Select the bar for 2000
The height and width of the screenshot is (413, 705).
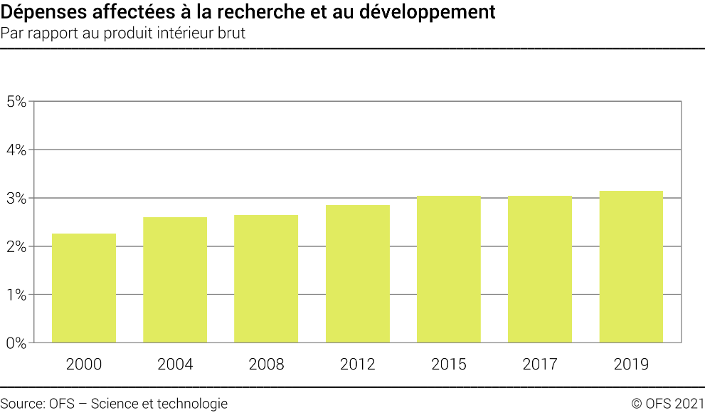point(84,288)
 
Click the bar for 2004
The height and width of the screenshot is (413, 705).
point(175,280)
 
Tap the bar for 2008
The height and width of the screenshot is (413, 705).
point(266,279)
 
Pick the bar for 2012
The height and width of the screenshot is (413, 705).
point(357,274)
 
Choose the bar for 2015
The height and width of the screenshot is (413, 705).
point(449,269)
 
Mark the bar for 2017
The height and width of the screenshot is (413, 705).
point(540,269)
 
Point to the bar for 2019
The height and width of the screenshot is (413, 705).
point(631,267)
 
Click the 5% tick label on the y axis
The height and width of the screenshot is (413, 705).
point(16,101)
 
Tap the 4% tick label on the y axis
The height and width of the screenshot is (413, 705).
point(16,150)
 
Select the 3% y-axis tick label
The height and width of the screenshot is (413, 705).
point(16,198)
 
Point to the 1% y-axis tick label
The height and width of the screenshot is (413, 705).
point(16,295)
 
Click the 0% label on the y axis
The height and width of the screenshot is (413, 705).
point(16,343)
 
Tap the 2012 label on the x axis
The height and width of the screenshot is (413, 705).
point(357,365)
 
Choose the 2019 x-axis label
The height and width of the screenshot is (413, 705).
point(631,365)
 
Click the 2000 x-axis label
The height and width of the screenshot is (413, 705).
point(84,365)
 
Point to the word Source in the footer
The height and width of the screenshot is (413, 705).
point(22,404)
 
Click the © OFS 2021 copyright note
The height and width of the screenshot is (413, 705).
point(667,404)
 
